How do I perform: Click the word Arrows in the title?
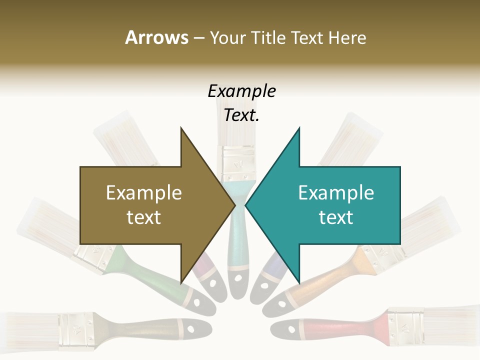click(x=156, y=37)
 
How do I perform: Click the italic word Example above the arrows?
click(x=241, y=91)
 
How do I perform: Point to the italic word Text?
click(x=241, y=115)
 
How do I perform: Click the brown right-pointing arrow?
click(x=150, y=205)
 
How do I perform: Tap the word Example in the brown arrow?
click(x=144, y=193)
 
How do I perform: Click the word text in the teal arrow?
click(x=336, y=217)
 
